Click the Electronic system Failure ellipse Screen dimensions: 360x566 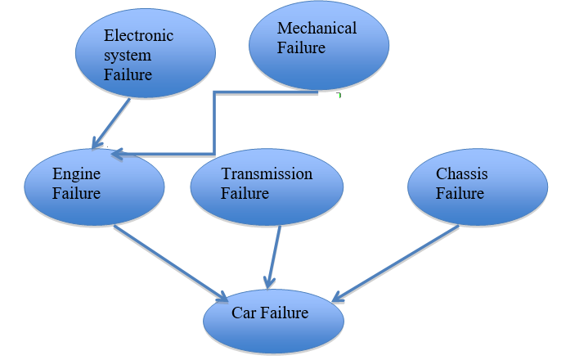click(145, 53)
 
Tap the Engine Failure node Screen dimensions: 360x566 click(94, 187)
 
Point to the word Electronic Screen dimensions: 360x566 click(138, 35)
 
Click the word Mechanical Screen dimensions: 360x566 click(317, 29)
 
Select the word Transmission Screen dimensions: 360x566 click(267, 174)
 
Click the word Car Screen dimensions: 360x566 click(244, 313)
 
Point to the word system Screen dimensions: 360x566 click(126, 55)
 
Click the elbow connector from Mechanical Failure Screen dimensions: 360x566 click(214, 123)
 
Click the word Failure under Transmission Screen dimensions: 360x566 click(245, 194)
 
